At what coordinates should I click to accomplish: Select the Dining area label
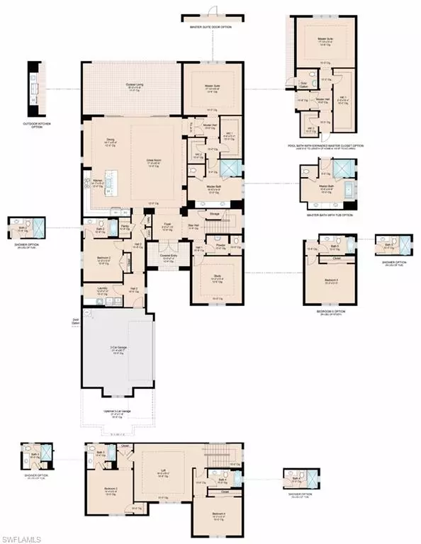coord(111,140)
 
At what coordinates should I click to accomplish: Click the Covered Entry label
coord(167,256)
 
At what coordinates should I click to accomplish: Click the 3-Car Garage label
coord(118,348)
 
